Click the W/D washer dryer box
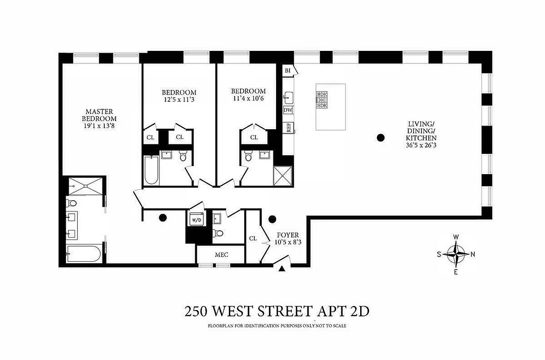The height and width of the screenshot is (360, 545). tap(196, 220)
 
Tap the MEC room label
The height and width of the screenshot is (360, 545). tap(221, 255)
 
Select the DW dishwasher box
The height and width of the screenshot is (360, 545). tap(288, 110)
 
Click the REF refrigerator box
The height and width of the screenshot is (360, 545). tap(288, 127)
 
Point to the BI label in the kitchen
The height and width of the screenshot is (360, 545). tap(287, 71)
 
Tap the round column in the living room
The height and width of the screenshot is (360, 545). tap(381, 138)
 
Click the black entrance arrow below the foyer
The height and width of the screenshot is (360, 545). tap(281, 269)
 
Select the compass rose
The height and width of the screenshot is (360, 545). tap(456, 254)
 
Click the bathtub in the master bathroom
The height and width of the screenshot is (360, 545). tap(83, 254)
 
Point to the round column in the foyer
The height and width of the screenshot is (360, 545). tap(272, 220)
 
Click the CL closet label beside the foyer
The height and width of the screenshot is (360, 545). tap(253, 238)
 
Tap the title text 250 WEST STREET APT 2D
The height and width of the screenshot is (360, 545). tap(277, 311)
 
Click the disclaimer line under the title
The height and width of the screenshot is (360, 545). tap(277, 326)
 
